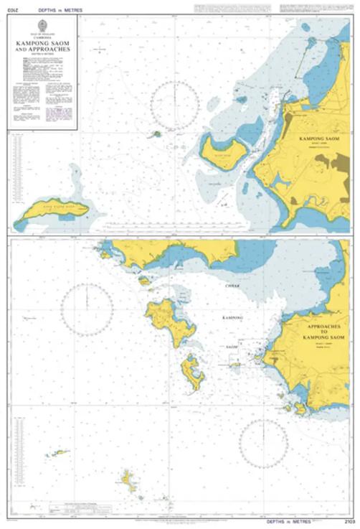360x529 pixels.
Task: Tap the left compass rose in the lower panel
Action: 87,310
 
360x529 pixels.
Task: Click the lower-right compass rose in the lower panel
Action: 263,443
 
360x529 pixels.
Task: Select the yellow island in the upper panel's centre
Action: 224,151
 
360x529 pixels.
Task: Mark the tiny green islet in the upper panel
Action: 156,134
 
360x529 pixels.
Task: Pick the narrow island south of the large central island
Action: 192,372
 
